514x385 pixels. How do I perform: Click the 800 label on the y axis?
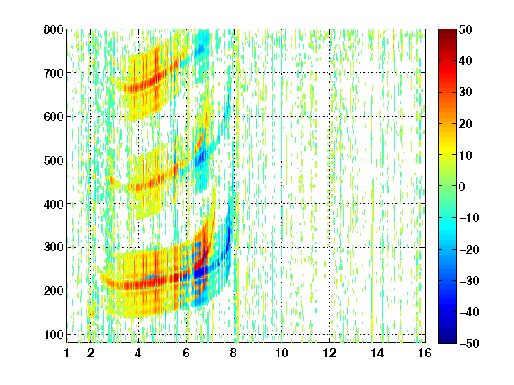(54, 29)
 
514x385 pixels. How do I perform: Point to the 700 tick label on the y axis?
(54, 73)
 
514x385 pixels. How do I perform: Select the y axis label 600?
(54, 117)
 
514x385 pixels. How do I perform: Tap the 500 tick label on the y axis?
(54, 160)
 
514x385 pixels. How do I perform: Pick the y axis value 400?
(54, 204)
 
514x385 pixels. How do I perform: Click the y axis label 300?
(54, 248)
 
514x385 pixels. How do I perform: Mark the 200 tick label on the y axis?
(54, 291)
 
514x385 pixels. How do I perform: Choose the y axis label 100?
(54, 335)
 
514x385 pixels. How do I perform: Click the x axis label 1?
(67, 353)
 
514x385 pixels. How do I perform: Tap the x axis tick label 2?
(91, 353)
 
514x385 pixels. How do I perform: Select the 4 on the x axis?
(138, 353)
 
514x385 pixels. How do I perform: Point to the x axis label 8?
(234, 353)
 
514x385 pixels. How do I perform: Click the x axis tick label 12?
(329, 353)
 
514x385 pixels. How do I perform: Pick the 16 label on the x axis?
(425, 353)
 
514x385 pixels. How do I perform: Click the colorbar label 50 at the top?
(466, 29)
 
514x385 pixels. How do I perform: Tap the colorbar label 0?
(462, 186)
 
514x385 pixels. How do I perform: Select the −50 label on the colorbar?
(469, 343)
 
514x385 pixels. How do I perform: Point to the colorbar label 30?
(466, 93)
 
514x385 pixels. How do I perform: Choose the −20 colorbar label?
(469, 250)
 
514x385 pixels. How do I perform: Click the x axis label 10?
(282, 353)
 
